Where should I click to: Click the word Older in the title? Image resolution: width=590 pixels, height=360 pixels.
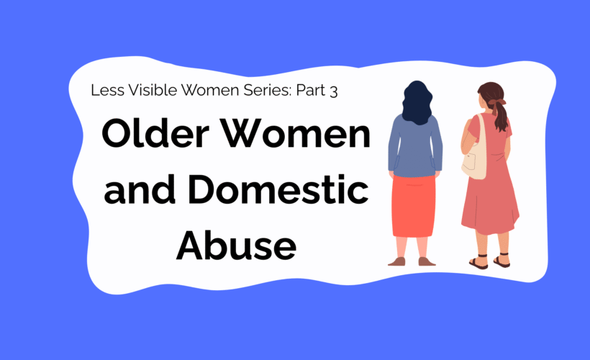pos(155,134)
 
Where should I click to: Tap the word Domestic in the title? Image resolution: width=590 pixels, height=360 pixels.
pos(278,189)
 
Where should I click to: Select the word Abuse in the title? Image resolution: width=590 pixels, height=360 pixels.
pos(236,245)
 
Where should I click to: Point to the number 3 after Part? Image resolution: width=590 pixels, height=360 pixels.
pos(333,91)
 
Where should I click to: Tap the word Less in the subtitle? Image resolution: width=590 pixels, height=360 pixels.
pos(107,90)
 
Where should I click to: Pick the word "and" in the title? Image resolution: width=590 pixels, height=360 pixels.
pos(140,189)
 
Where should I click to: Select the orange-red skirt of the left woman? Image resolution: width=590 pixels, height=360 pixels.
pos(414,207)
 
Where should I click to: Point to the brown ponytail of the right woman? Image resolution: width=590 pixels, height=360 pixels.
pos(500,117)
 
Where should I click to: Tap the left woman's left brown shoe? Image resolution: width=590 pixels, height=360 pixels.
pos(397,261)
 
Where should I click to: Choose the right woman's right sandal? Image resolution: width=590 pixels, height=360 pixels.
pos(501,261)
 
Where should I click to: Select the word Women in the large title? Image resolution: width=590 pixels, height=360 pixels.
pos(296,134)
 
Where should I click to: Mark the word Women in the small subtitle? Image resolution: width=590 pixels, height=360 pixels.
pos(210,90)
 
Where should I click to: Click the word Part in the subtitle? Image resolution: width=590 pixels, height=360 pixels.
pos(311,91)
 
